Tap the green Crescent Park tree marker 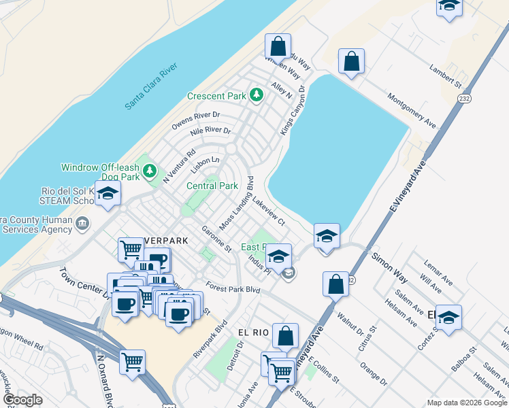tap(257, 95)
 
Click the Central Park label tap(212, 186)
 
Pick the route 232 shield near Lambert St tap(464, 99)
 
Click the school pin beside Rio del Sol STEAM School tap(108, 194)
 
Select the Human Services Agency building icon tap(82, 222)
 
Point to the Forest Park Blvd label tap(233, 288)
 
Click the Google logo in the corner tap(22, 400)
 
